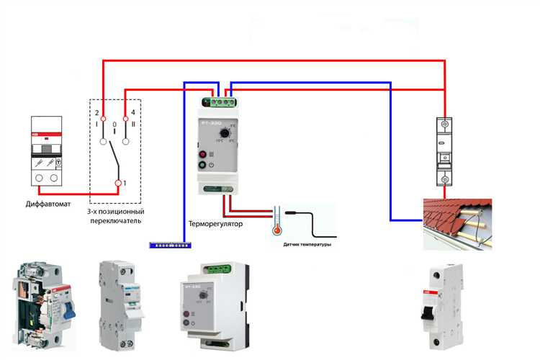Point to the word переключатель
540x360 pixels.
116,221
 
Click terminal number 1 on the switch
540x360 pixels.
120,184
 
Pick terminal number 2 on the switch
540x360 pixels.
103,117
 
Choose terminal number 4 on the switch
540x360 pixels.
127,117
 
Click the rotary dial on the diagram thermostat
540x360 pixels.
226,134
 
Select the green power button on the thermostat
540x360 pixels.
202,166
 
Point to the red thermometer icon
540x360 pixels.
274,222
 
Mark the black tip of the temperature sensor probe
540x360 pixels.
292,214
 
